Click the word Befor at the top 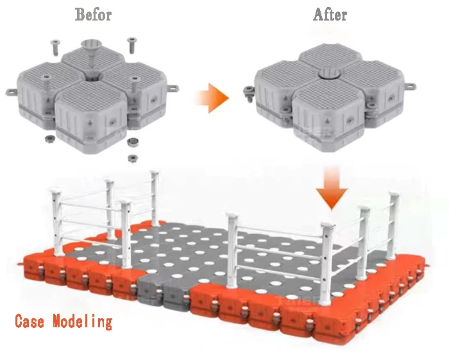click(93, 14)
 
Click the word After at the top click(330, 14)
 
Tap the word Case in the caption click(30, 321)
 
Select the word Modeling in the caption click(83, 321)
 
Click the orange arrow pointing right click(212, 98)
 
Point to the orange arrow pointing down click(332, 188)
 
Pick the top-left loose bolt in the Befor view click(55, 47)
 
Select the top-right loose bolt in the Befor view click(131, 45)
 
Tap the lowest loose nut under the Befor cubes click(132, 158)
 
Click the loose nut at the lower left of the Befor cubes click(49, 139)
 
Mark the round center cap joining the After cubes click(329, 74)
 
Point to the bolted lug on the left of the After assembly click(249, 92)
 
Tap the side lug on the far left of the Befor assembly click(12, 92)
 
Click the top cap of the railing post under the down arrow click(328, 225)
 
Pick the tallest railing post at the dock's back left click(155, 198)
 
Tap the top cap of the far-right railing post click(394, 194)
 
